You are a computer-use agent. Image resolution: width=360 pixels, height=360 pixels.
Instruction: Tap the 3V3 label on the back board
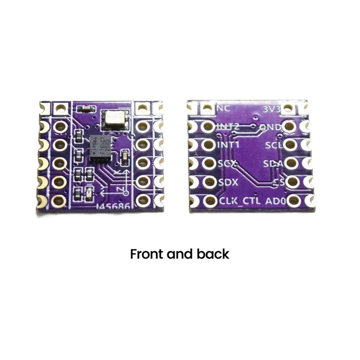(x=272, y=108)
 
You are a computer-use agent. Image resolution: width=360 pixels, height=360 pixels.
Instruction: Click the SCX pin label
(x=228, y=164)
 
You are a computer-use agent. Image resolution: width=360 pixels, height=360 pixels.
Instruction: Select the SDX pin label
(x=228, y=183)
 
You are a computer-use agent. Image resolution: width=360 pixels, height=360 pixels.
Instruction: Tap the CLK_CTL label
(x=239, y=201)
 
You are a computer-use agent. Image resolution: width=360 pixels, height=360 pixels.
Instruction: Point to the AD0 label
(x=276, y=201)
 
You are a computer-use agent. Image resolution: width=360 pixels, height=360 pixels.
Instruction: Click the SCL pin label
(x=274, y=145)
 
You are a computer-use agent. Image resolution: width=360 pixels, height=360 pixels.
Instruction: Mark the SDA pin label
(x=273, y=164)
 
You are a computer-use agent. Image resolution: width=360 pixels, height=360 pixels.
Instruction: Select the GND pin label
(x=271, y=127)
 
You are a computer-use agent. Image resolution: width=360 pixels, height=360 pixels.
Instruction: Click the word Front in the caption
(x=147, y=254)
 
